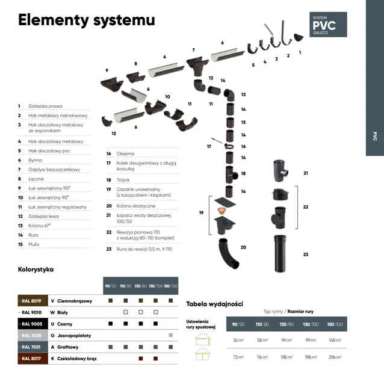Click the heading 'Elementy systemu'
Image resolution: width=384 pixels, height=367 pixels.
click(x=86, y=20)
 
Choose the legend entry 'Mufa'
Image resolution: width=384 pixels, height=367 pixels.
click(x=34, y=244)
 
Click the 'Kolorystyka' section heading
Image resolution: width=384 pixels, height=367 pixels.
click(x=36, y=270)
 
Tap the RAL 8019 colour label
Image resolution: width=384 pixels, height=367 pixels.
click(x=32, y=300)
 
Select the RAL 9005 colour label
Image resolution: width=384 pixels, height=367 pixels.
click(x=32, y=324)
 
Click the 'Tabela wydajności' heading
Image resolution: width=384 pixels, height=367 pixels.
click(x=214, y=304)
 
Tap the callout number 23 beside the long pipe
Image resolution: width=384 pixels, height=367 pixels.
click(x=305, y=255)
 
